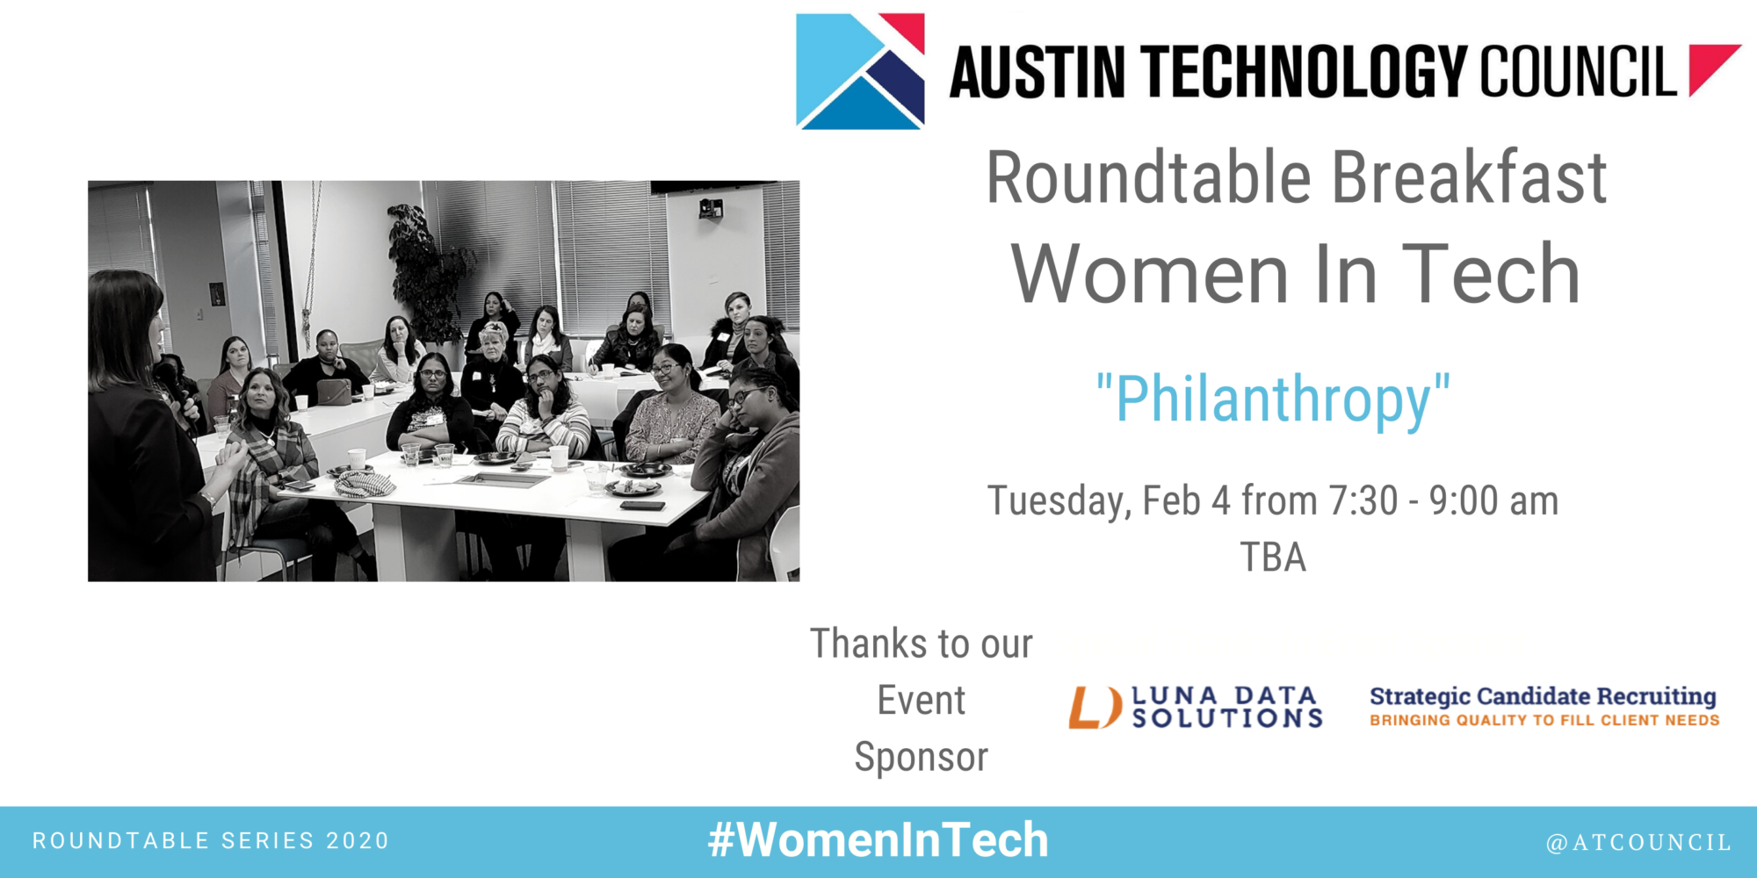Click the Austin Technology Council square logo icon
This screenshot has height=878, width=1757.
[x=860, y=71]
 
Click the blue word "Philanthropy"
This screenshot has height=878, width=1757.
[x=1273, y=400]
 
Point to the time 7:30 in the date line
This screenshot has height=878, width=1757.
[x=1363, y=500]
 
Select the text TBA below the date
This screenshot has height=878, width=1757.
[x=1273, y=558]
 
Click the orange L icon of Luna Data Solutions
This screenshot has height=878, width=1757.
[x=1095, y=708]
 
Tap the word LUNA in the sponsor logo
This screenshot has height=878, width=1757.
[x=1175, y=696]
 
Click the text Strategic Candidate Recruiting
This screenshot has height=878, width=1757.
[x=1543, y=696]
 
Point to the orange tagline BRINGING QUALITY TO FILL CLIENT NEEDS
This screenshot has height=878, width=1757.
[x=1544, y=720]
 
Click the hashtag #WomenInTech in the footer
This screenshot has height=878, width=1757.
[x=878, y=840]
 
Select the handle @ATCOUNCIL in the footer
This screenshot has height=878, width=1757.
[x=1638, y=843]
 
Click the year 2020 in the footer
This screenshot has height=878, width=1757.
[x=358, y=841]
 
